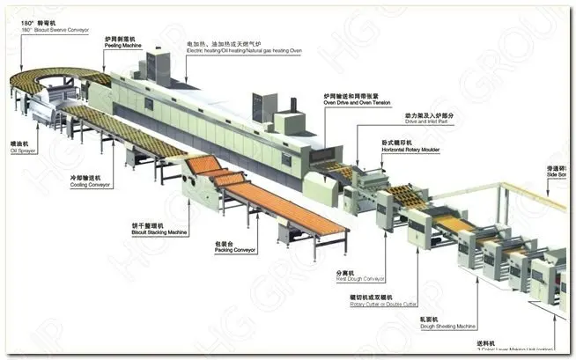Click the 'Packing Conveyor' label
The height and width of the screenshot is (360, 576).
234,251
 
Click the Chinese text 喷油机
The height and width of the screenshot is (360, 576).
18,143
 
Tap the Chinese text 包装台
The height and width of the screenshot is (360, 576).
224,243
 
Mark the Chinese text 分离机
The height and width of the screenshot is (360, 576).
346,272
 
